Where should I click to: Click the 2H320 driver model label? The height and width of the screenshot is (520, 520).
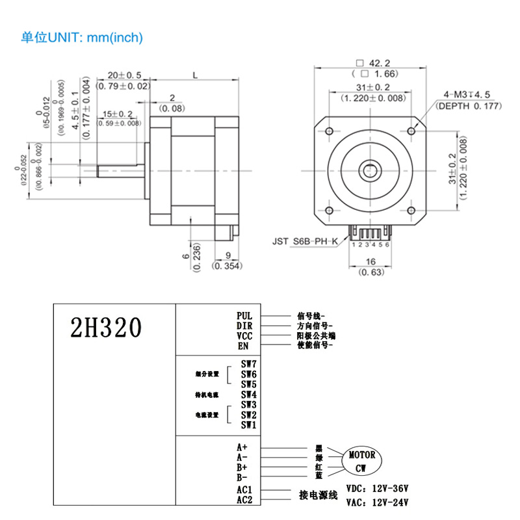click(x=105, y=329)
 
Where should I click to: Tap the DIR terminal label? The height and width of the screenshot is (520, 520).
click(x=244, y=326)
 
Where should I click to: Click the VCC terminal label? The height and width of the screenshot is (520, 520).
click(x=244, y=335)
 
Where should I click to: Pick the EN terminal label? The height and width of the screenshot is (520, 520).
click(x=243, y=346)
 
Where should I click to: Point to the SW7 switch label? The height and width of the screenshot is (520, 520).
click(x=249, y=364)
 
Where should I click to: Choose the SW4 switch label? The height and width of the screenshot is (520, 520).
click(x=249, y=394)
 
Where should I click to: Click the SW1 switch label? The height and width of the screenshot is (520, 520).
click(x=249, y=425)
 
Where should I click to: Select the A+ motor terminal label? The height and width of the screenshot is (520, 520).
click(x=242, y=447)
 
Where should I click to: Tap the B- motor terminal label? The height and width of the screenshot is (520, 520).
click(x=242, y=478)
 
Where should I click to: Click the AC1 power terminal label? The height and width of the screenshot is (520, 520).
click(x=244, y=490)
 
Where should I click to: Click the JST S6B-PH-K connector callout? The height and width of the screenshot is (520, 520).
click(x=305, y=241)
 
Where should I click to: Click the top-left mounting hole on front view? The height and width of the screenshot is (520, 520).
click(x=329, y=131)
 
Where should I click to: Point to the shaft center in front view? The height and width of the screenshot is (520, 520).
click(x=369, y=171)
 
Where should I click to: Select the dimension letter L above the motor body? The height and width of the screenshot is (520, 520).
click(x=195, y=76)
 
